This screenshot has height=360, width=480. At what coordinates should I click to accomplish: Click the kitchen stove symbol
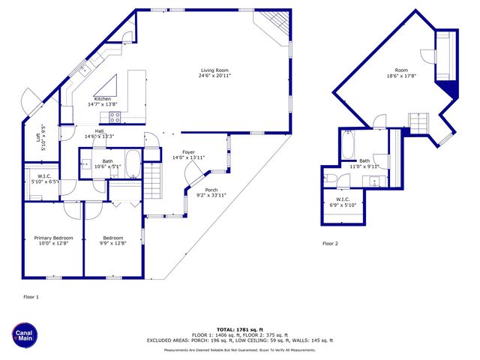click(x=115, y=116)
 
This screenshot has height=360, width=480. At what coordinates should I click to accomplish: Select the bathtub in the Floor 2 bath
click(x=348, y=143)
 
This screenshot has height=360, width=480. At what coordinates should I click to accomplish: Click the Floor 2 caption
click(x=330, y=244)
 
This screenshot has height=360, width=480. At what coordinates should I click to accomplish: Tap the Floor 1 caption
click(x=31, y=297)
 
